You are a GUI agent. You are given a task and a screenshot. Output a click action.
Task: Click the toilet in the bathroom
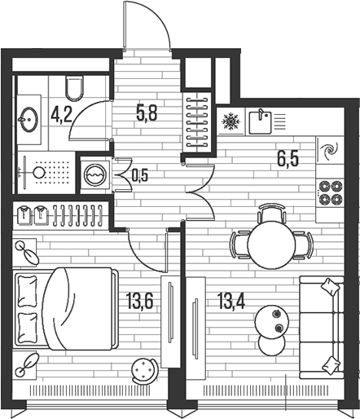click(74, 88)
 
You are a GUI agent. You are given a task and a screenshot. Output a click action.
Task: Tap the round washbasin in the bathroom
click(29, 120)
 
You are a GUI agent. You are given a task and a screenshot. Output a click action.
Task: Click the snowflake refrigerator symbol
click(230, 121)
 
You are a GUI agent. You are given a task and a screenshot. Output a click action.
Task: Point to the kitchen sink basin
click(260, 122)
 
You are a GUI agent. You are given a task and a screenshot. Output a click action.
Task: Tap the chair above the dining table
click(271, 214)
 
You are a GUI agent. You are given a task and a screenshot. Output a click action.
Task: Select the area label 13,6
click(139, 301)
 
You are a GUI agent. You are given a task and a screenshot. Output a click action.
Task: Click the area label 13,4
click(231, 301)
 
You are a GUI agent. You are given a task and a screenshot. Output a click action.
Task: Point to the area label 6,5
click(288, 159)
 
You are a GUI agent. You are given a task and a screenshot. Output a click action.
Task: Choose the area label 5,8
click(147, 113)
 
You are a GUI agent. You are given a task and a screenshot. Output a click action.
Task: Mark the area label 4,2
click(61, 115)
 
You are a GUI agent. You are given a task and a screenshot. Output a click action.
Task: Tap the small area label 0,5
click(140, 176)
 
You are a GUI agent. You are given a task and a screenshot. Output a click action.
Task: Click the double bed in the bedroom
click(67, 309)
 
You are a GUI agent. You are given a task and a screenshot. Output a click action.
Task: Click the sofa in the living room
click(322, 328)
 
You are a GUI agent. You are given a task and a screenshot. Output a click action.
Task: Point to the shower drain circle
click(38, 172)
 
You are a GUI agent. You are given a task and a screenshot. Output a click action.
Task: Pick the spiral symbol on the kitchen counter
click(329, 150)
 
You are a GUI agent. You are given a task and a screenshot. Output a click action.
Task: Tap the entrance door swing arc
click(157, 16)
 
